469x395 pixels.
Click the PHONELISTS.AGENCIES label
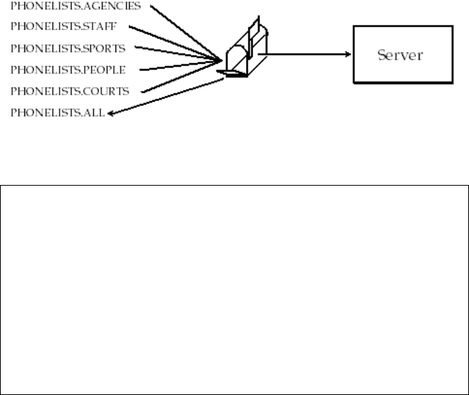pyautogui.click(x=70, y=6)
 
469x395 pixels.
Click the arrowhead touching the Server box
pyautogui.click(x=347, y=54)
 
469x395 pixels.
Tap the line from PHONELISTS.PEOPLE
pyautogui.click(x=179, y=67)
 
